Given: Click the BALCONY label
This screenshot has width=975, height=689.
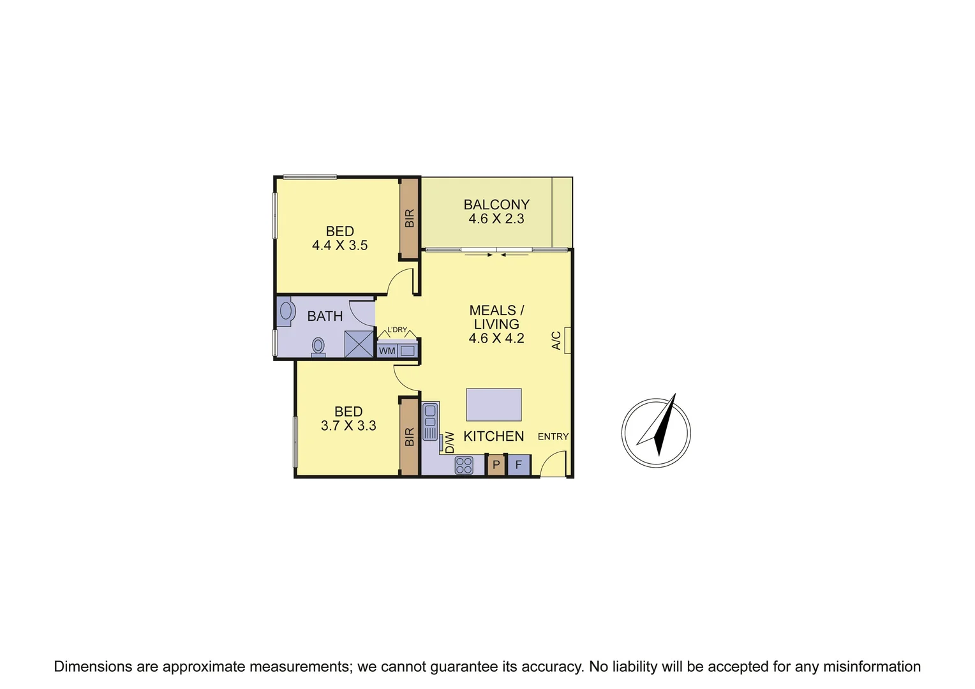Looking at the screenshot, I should [496, 205].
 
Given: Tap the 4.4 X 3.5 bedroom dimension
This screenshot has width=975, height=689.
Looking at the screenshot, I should [339, 246].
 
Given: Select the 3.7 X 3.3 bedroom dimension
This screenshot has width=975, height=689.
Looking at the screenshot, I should [348, 426].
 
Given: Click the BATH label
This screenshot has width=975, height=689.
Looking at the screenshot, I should [325, 316].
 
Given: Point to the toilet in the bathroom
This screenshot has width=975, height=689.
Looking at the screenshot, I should [318, 346].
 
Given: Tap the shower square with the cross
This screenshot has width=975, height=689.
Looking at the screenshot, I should [359, 344].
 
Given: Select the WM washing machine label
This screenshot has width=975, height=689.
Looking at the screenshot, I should [387, 351].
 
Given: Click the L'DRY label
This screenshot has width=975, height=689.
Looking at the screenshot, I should [397, 330].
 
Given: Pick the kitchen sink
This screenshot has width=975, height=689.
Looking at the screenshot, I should [430, 420].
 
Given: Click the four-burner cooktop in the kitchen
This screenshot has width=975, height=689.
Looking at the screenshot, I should [464, 465].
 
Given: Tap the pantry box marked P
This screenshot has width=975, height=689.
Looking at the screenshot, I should [496, 465].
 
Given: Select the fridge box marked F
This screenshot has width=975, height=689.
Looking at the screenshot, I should [519, 465].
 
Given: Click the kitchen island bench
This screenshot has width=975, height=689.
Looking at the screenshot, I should [494, 404].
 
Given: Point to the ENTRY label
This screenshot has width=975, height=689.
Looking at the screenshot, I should [553, 436].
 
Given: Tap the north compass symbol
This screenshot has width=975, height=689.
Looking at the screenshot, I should [657, 431].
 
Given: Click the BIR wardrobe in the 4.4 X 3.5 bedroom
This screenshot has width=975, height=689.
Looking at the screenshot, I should [409, 218].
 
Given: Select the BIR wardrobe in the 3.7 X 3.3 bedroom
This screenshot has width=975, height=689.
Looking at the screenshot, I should [409, 437].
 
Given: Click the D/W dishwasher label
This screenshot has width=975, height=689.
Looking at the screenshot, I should [450, 442].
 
